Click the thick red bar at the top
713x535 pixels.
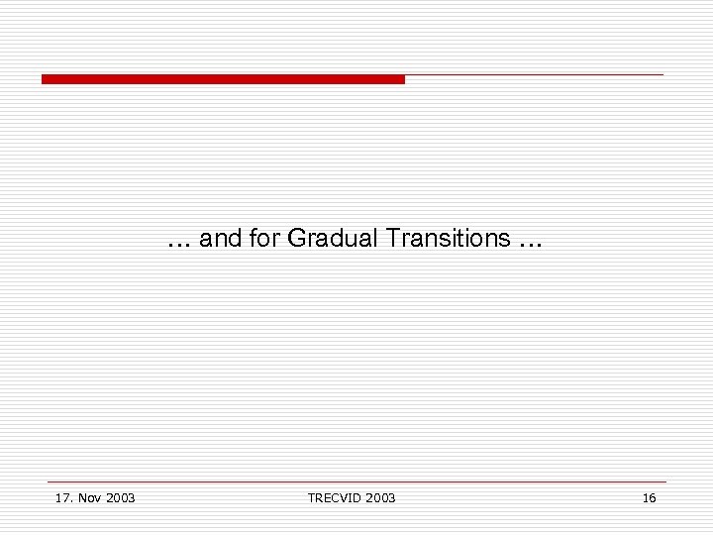tap(223, 79)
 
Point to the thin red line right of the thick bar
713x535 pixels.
tap(535, 74)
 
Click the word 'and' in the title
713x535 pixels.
tap(220, 239)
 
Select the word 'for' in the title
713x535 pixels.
tap(264, 239)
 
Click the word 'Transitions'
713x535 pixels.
tap(449, 239)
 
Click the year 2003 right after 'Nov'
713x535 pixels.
tap(119, 497)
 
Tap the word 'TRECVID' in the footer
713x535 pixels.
tap(334, 497)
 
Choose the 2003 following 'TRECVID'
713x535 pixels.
tap(379, 497)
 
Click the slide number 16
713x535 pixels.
tap(649, 497)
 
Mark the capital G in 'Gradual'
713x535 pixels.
tap(296, 239)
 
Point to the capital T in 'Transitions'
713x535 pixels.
tap(394, 239)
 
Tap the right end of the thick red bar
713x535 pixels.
tap(401, 79)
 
